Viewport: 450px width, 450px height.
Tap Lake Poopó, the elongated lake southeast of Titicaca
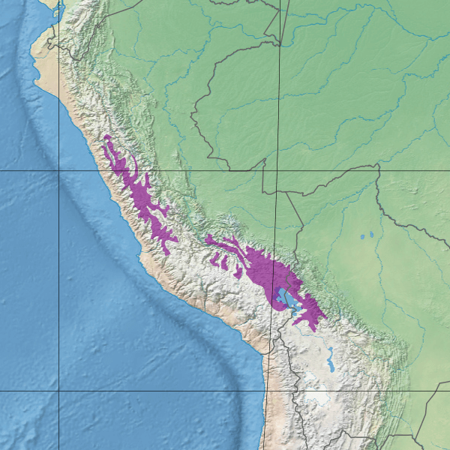(331, 365)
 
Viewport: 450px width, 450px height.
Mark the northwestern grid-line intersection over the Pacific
(59, 170)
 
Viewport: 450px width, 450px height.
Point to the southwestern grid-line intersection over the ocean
(59, 391)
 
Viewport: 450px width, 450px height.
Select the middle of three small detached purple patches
(226, 262)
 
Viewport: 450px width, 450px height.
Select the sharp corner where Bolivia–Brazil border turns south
(378, 166)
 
